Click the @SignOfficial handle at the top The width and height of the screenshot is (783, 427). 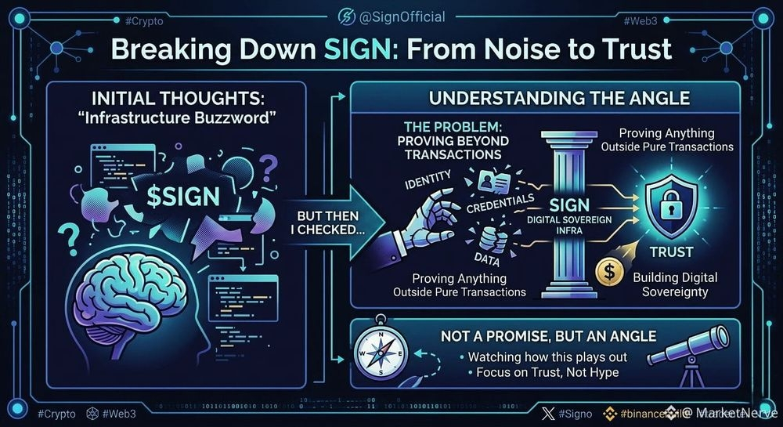400,16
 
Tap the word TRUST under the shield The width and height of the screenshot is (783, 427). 671,251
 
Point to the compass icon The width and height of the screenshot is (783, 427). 381,352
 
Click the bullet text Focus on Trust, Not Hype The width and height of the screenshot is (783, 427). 547,372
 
